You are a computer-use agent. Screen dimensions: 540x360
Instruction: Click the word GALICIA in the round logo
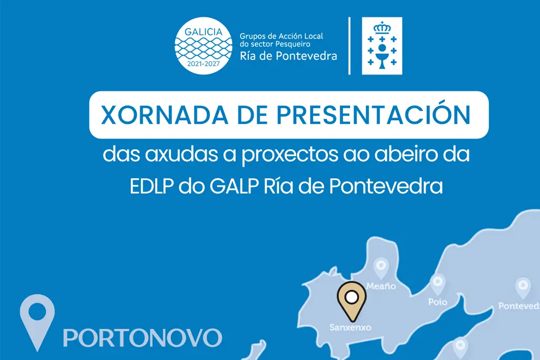[204, 32]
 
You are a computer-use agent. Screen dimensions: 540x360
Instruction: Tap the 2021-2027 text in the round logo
[204, 64]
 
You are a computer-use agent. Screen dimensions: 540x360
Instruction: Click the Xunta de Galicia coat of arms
[382, 46]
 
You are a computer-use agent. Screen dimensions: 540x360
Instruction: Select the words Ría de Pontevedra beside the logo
[288, 56]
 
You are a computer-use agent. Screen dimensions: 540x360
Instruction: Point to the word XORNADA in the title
[165, 115]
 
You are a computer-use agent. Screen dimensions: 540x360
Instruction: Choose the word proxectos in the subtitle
[290, 156]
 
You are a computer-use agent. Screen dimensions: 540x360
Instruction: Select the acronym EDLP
[151, 186]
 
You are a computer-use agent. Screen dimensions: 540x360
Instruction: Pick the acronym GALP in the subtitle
[234, 186]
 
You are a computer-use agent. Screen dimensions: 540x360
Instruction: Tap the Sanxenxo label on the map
[350, 327]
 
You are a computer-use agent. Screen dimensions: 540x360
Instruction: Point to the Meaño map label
[381, 286]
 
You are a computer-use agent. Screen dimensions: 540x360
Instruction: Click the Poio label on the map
[438, 302]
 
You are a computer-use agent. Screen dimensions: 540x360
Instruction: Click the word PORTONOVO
[142, 338]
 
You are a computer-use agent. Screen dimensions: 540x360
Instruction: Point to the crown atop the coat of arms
[382, 27]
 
